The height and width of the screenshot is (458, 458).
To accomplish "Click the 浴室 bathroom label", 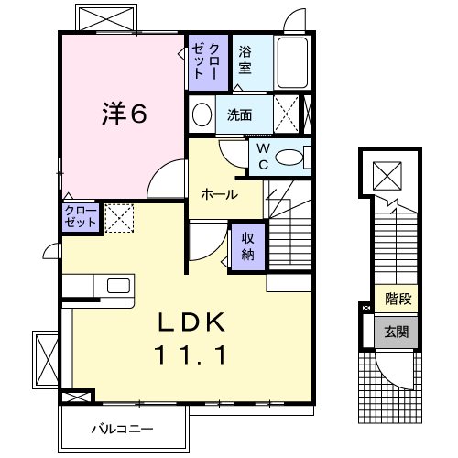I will tap(245, 59).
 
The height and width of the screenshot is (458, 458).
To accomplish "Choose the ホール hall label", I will tap(219, 194).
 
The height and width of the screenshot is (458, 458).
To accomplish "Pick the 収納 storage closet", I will tap(247, 245).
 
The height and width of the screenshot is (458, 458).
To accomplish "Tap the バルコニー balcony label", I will tap(122, 428).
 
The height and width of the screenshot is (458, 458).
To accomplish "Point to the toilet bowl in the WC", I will tap(290, 158).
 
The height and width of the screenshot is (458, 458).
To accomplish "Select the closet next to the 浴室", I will tap(202, 60).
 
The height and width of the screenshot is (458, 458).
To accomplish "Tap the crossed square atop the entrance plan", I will tap(387, 172).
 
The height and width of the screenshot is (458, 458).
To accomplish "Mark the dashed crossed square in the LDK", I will tap(118, 216).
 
